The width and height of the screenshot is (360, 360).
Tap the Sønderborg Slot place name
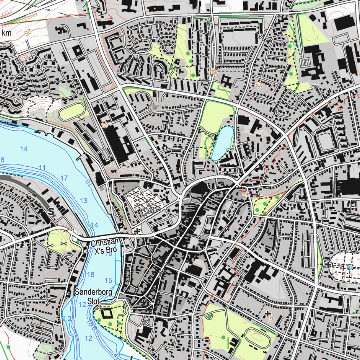89,296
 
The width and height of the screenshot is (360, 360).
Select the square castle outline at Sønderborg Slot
105,312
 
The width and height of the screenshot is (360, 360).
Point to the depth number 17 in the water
64,178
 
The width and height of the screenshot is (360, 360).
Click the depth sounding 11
42,168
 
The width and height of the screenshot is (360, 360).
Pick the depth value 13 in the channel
84,201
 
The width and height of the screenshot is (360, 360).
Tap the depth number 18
90,275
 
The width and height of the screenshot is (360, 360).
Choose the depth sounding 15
108,280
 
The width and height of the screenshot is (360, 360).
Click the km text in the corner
6,33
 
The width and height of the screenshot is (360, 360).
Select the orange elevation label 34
25,57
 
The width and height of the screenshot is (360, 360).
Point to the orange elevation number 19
270,319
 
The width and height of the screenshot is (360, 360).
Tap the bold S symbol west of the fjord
52,212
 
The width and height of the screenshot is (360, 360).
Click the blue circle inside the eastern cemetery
350,267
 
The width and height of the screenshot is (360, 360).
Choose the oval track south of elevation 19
258,337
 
